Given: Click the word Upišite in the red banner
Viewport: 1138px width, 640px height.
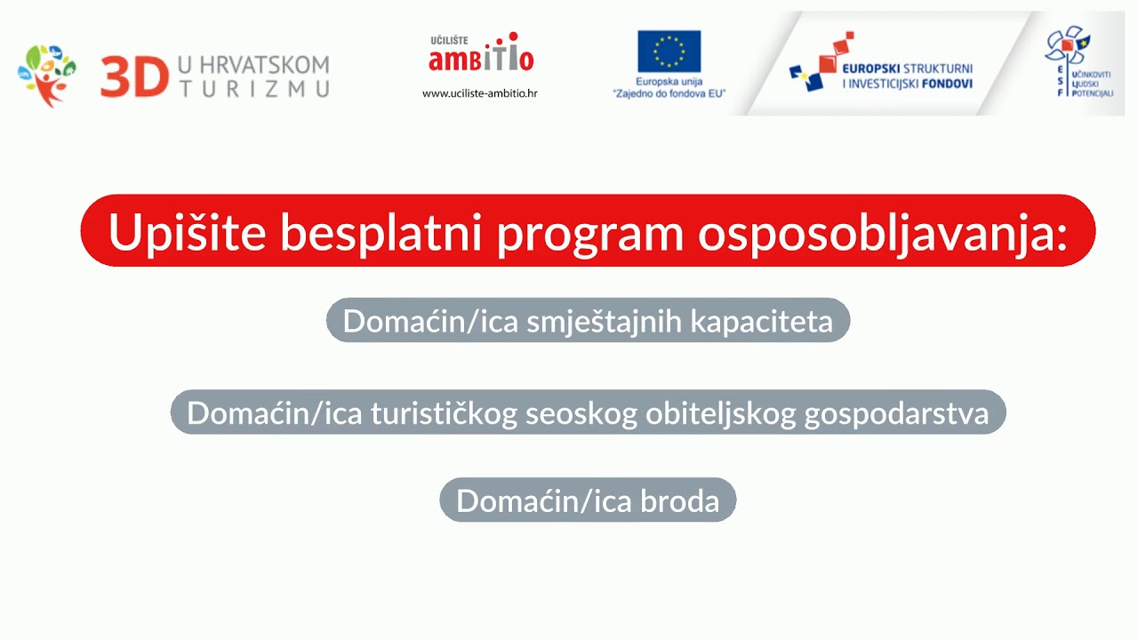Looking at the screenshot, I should click(x=187, y=232).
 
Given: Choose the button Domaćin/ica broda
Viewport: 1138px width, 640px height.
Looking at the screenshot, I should click(x=588, y=500).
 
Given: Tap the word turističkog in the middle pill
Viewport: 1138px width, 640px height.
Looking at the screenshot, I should click(x=444, y=413).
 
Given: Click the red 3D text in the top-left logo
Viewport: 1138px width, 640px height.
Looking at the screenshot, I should click(x=134, y=76).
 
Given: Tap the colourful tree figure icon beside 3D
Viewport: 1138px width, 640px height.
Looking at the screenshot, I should click(x=46, y=76).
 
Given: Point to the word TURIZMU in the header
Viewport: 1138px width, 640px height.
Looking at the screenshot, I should click(x=254, y=87).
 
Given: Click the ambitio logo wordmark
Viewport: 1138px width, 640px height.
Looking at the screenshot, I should click(x=481, y=57).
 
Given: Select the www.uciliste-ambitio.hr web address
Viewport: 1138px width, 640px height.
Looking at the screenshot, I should click(x=479, y=93).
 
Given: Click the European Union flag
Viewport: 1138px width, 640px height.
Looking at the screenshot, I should click(x=669, y=51).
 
